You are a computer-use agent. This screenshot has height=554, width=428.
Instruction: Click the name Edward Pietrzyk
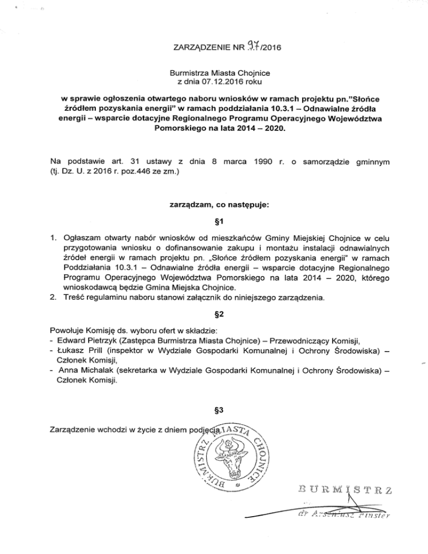[x=86, y=341]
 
